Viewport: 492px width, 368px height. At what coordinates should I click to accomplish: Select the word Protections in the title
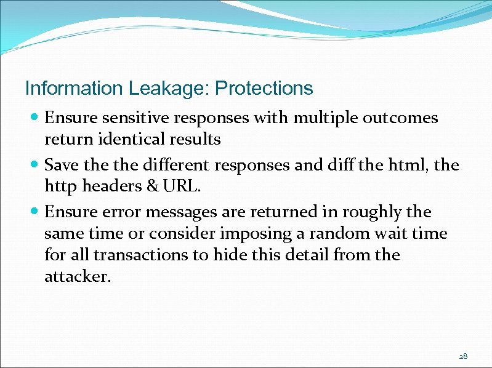(x=264, y=89)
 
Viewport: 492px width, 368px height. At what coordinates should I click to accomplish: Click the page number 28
(x=463, y=356)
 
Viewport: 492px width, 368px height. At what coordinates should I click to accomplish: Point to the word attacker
(x=77, y=277)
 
